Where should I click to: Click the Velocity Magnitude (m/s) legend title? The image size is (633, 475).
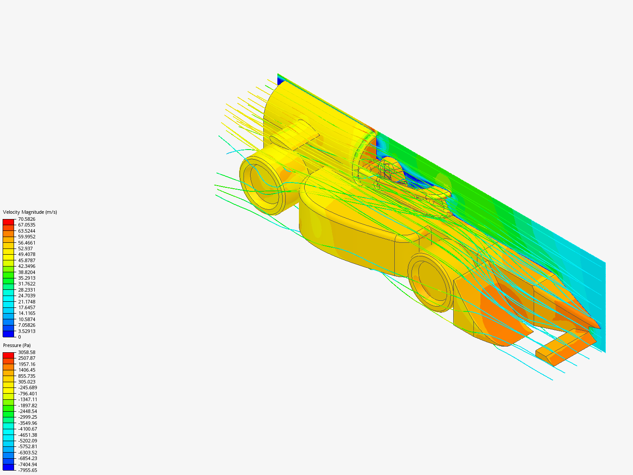(30, 212)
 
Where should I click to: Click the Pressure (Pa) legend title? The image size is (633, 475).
(17, 345)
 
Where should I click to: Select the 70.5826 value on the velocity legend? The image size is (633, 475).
(26, 219)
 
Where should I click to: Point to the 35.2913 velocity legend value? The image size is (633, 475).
(26, 278)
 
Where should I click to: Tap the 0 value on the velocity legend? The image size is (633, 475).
(19, 337)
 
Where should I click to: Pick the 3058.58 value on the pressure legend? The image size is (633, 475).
(26, 352)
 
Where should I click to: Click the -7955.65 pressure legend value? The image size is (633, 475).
(27, 470)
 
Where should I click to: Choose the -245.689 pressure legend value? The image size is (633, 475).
(27, 387)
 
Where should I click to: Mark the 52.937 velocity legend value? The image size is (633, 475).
(25, 248)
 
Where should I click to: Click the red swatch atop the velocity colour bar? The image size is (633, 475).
(8, 222)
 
